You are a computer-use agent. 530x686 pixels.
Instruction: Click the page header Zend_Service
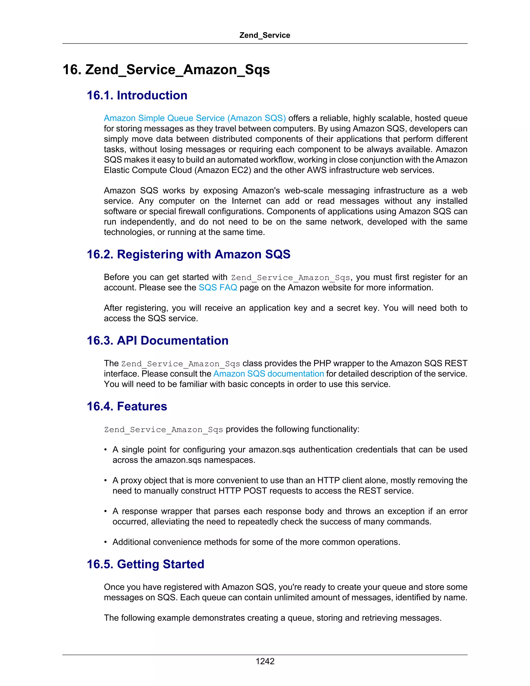pos(265,35)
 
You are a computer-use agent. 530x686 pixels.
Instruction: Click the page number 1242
pos(265,661)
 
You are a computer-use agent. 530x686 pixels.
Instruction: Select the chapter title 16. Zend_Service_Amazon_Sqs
pos(166,69)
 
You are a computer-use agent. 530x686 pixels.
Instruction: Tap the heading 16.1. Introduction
pos(137,96)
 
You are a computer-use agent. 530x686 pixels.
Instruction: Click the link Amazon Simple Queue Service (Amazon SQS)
pos(195,118)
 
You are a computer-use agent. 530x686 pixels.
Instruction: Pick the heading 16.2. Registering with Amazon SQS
pos(188,254)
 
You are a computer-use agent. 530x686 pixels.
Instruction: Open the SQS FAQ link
pos(218,288)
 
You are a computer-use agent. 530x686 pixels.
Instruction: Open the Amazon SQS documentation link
pos(268,374)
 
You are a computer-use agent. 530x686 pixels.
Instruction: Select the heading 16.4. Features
pos(127,406)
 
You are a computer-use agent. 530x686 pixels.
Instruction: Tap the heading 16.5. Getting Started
pos(145,564)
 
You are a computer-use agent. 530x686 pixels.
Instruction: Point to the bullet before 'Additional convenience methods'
pos(106,542)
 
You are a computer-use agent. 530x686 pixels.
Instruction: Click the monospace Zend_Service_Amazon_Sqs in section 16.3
pos(181,364)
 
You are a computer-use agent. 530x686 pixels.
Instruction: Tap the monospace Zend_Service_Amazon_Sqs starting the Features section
pos(163,430)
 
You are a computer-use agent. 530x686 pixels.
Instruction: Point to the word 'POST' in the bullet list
pos(255,491)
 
